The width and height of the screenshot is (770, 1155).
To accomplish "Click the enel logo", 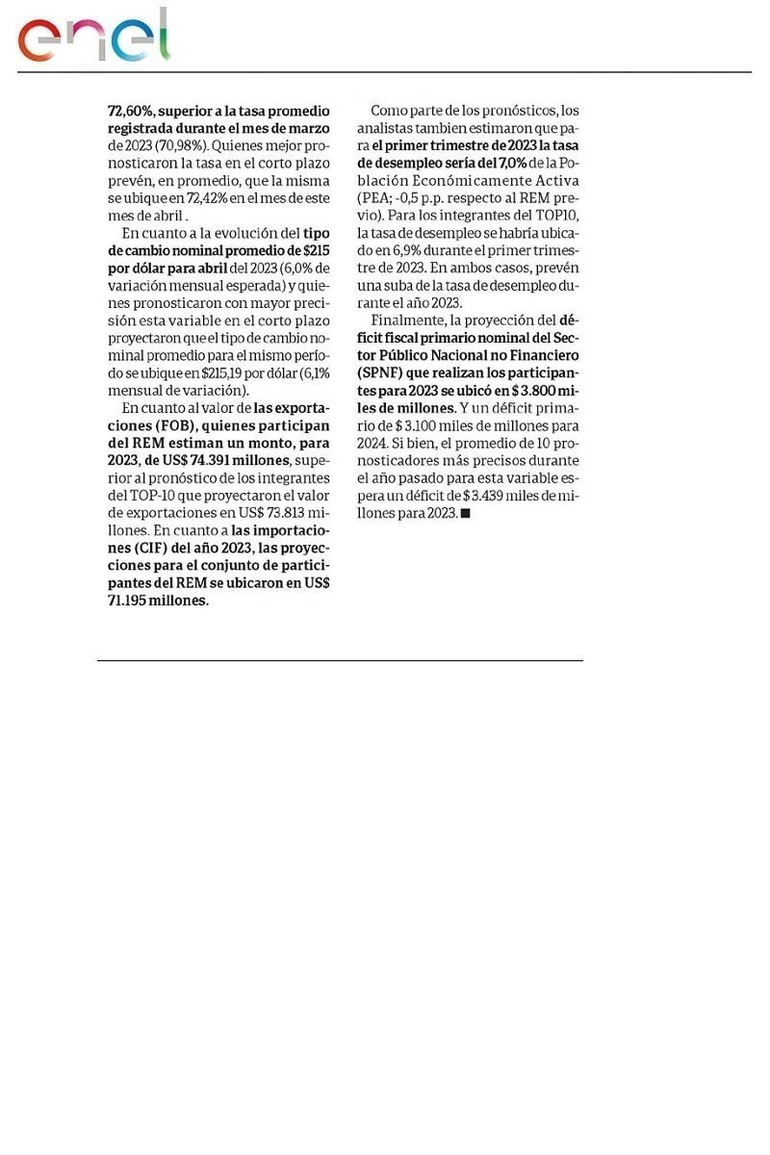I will (x=93, y=38).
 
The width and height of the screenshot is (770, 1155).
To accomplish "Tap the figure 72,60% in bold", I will (x=129, y=111).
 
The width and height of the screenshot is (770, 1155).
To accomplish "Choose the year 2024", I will (x=373, y=443).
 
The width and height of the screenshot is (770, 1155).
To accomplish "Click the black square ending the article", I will (x=465, y=513).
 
